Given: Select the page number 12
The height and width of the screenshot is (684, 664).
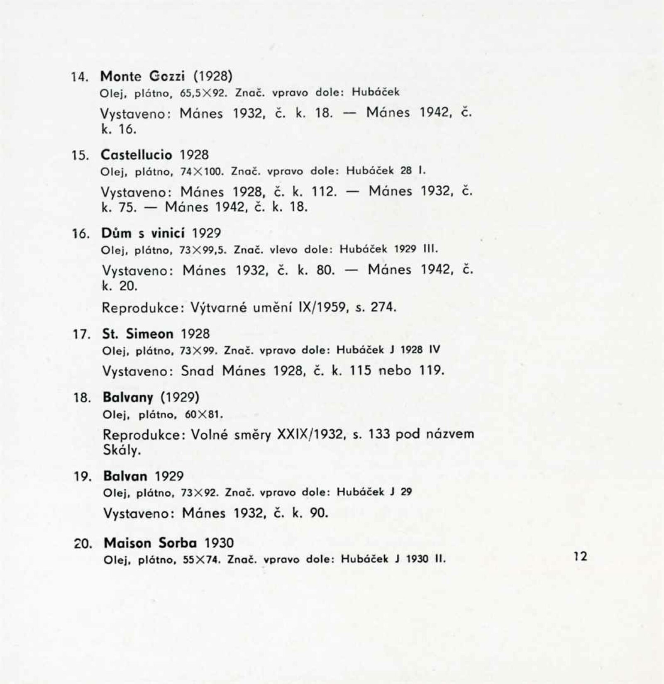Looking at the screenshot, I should (x=581, y=556).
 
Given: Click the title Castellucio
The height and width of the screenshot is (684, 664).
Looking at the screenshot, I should (x=137, y=155).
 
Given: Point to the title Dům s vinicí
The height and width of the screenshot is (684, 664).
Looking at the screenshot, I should (x=143, y=233).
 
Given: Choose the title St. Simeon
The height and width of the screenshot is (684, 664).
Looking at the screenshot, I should (x=138, y=334).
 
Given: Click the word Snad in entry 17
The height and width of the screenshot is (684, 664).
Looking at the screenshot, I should (x=198, y=370).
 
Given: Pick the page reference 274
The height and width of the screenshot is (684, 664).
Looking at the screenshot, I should (x=383, y=307).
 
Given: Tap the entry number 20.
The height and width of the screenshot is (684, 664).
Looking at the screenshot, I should (x=83, y=544).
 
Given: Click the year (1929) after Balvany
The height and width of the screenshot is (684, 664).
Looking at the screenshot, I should (x=180, y=398).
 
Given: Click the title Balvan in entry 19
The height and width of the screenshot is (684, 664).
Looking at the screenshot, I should (x=125, y=476).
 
